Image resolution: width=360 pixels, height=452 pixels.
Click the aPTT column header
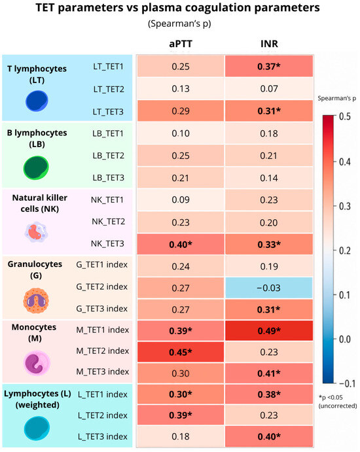click(x=181, y=44)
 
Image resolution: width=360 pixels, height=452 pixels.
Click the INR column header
click(x=269, y=44)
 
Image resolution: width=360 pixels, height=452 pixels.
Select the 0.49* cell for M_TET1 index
click(x=269, y=330)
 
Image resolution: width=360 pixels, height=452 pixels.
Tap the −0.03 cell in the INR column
click(x=269, y=288)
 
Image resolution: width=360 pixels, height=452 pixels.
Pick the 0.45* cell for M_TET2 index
click(x=181, y=352)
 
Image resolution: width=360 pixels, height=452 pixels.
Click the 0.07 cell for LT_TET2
click(x=269, y=88)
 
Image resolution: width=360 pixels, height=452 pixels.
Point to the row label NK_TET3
click(x=108, y=244)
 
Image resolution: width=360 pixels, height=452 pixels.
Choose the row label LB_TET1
click(x=108, y=133)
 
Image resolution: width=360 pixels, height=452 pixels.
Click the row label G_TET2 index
click(x=102, y=287)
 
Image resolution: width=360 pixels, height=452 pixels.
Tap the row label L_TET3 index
click(x=103, y=436)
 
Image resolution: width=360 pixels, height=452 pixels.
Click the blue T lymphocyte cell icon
click(x=37, y=101)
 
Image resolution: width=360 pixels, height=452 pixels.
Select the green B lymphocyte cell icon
click(x=36, y=167)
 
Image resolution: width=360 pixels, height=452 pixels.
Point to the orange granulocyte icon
click(x=36, y=301)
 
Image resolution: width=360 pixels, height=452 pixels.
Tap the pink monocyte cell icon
click(x=37, y=363)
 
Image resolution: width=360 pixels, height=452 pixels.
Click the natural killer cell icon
click(x=36, y=232)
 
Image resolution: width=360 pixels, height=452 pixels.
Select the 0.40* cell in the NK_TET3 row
click(x=181, y=244)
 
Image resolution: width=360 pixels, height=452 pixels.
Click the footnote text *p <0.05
click(x=331, y=398)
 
